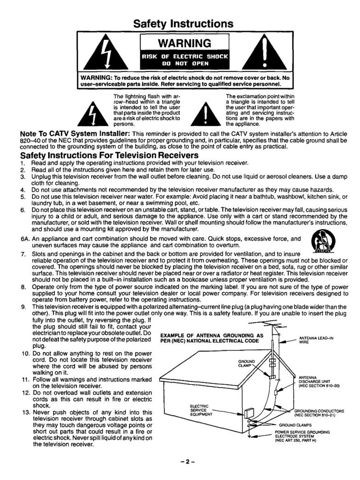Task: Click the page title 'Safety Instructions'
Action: [180, 23]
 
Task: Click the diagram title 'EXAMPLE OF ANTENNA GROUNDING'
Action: [210, 338]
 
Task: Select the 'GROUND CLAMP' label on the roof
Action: [247, 363]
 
